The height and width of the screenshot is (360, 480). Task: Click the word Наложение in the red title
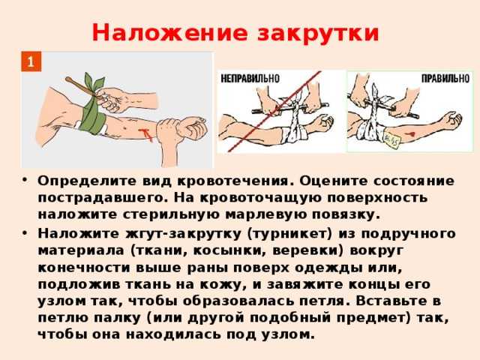169,32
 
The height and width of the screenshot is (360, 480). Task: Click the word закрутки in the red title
318,34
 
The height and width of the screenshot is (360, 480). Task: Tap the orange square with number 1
31,61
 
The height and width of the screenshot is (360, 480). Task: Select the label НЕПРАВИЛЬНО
250,79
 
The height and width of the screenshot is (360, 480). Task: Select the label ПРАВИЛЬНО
445,79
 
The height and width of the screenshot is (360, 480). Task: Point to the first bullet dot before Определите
25,179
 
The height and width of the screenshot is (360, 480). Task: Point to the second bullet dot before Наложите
25,232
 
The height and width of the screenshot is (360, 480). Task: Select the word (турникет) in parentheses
289,234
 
